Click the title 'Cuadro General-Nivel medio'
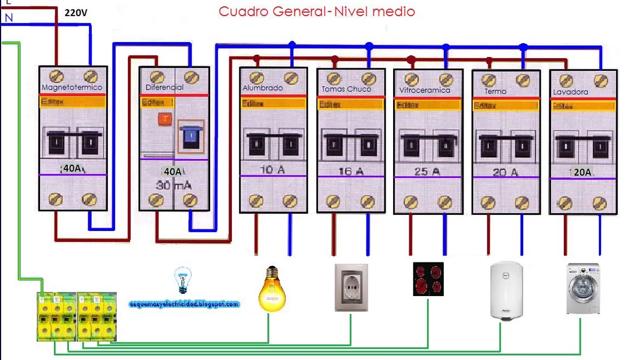[317, 11]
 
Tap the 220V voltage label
[76, 13]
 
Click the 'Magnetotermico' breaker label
[71, 87]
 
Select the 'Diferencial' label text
[164, 87]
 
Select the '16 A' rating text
[351, 171]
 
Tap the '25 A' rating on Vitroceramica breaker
[427, 172]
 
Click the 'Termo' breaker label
[495, 91]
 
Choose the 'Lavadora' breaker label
[570, 92]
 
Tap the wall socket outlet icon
[351, 287]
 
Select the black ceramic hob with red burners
[428, 279]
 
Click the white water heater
[506, 291]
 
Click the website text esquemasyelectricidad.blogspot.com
[184, 304]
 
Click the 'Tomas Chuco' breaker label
[346, 89]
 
